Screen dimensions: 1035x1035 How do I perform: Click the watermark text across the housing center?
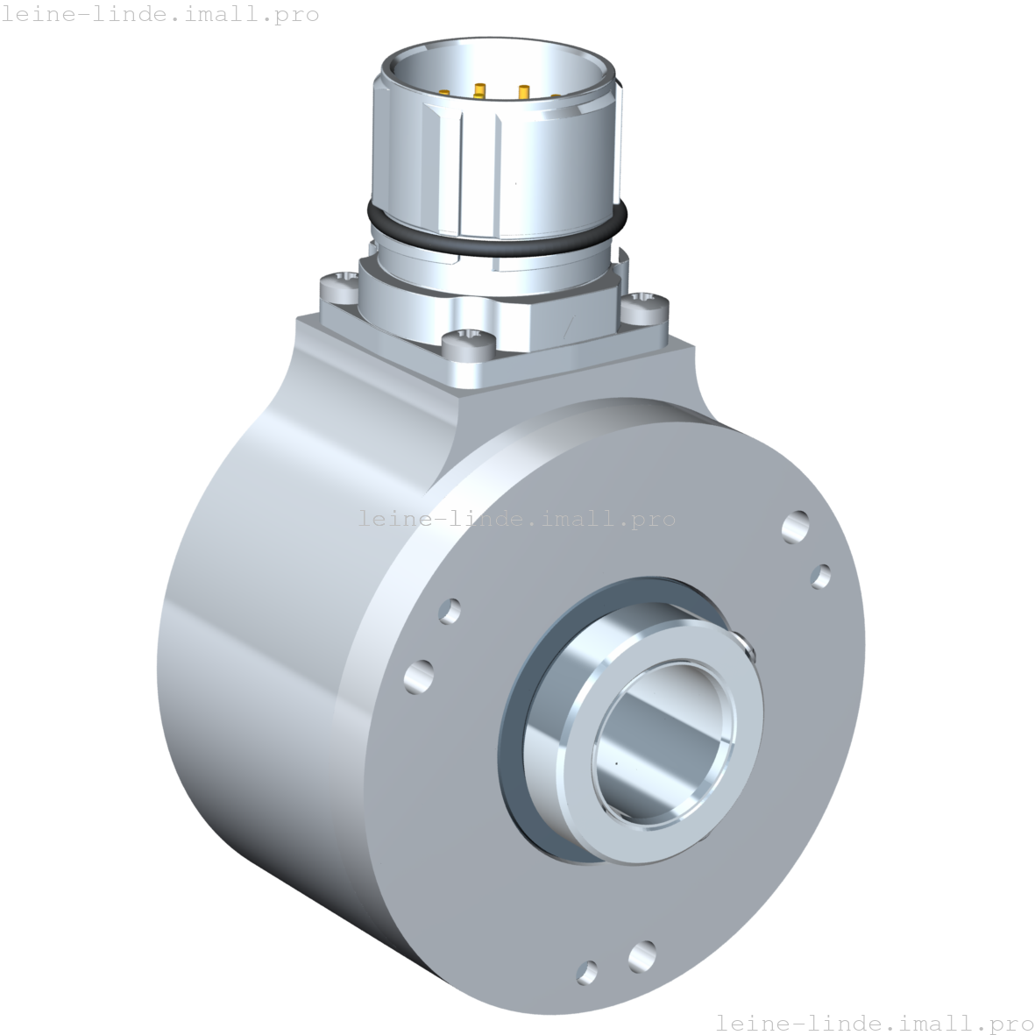pos(517,519)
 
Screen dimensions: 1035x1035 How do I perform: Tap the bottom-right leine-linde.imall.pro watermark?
pos(875,1022)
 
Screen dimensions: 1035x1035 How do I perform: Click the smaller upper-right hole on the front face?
pos(821,576)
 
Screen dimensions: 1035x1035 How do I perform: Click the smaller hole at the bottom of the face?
pos(588,970)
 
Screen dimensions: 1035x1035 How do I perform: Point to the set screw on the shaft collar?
pos(747,647)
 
